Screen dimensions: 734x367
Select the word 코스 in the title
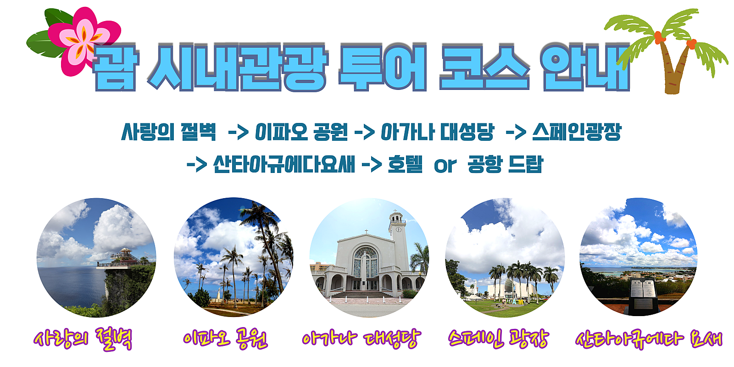coord(484,67)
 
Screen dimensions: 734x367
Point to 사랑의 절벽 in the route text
coord(169,132)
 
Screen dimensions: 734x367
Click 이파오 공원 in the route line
coord(301,132)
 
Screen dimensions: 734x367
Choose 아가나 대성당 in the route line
coord(437,132)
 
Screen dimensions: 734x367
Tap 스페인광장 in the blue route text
coord(577,132)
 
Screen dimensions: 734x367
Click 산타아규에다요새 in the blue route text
coord(284,164)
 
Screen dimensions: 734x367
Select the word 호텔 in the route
coord(405,164)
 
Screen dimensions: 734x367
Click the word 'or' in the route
coord(445,166)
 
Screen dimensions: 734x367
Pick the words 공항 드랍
coord(506,164)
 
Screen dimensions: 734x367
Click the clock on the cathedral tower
coord(399,229)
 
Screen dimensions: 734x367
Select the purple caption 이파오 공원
coord(225,339)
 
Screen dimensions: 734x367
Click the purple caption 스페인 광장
coord(498,339)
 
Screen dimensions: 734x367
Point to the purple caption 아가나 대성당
coord(361,339)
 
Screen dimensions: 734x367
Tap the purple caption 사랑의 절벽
coord(83,339)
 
